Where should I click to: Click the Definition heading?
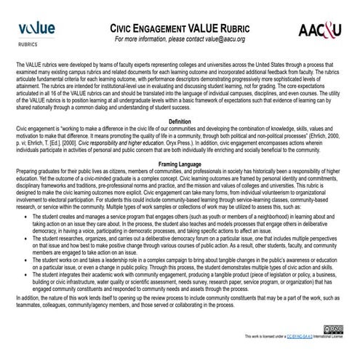pyautogui.click(x=180, y=119)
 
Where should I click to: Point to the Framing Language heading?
pyautogui.click(x=180, y=165)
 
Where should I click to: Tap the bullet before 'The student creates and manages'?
pyautogui.click(x=26, y=217)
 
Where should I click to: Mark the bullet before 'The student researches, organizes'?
pyautogui.click(x=26, y=238)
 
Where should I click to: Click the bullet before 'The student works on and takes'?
pyautogui.click(x=26, y=259)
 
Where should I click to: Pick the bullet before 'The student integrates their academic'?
pyautogui.click(x=26, y=276)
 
